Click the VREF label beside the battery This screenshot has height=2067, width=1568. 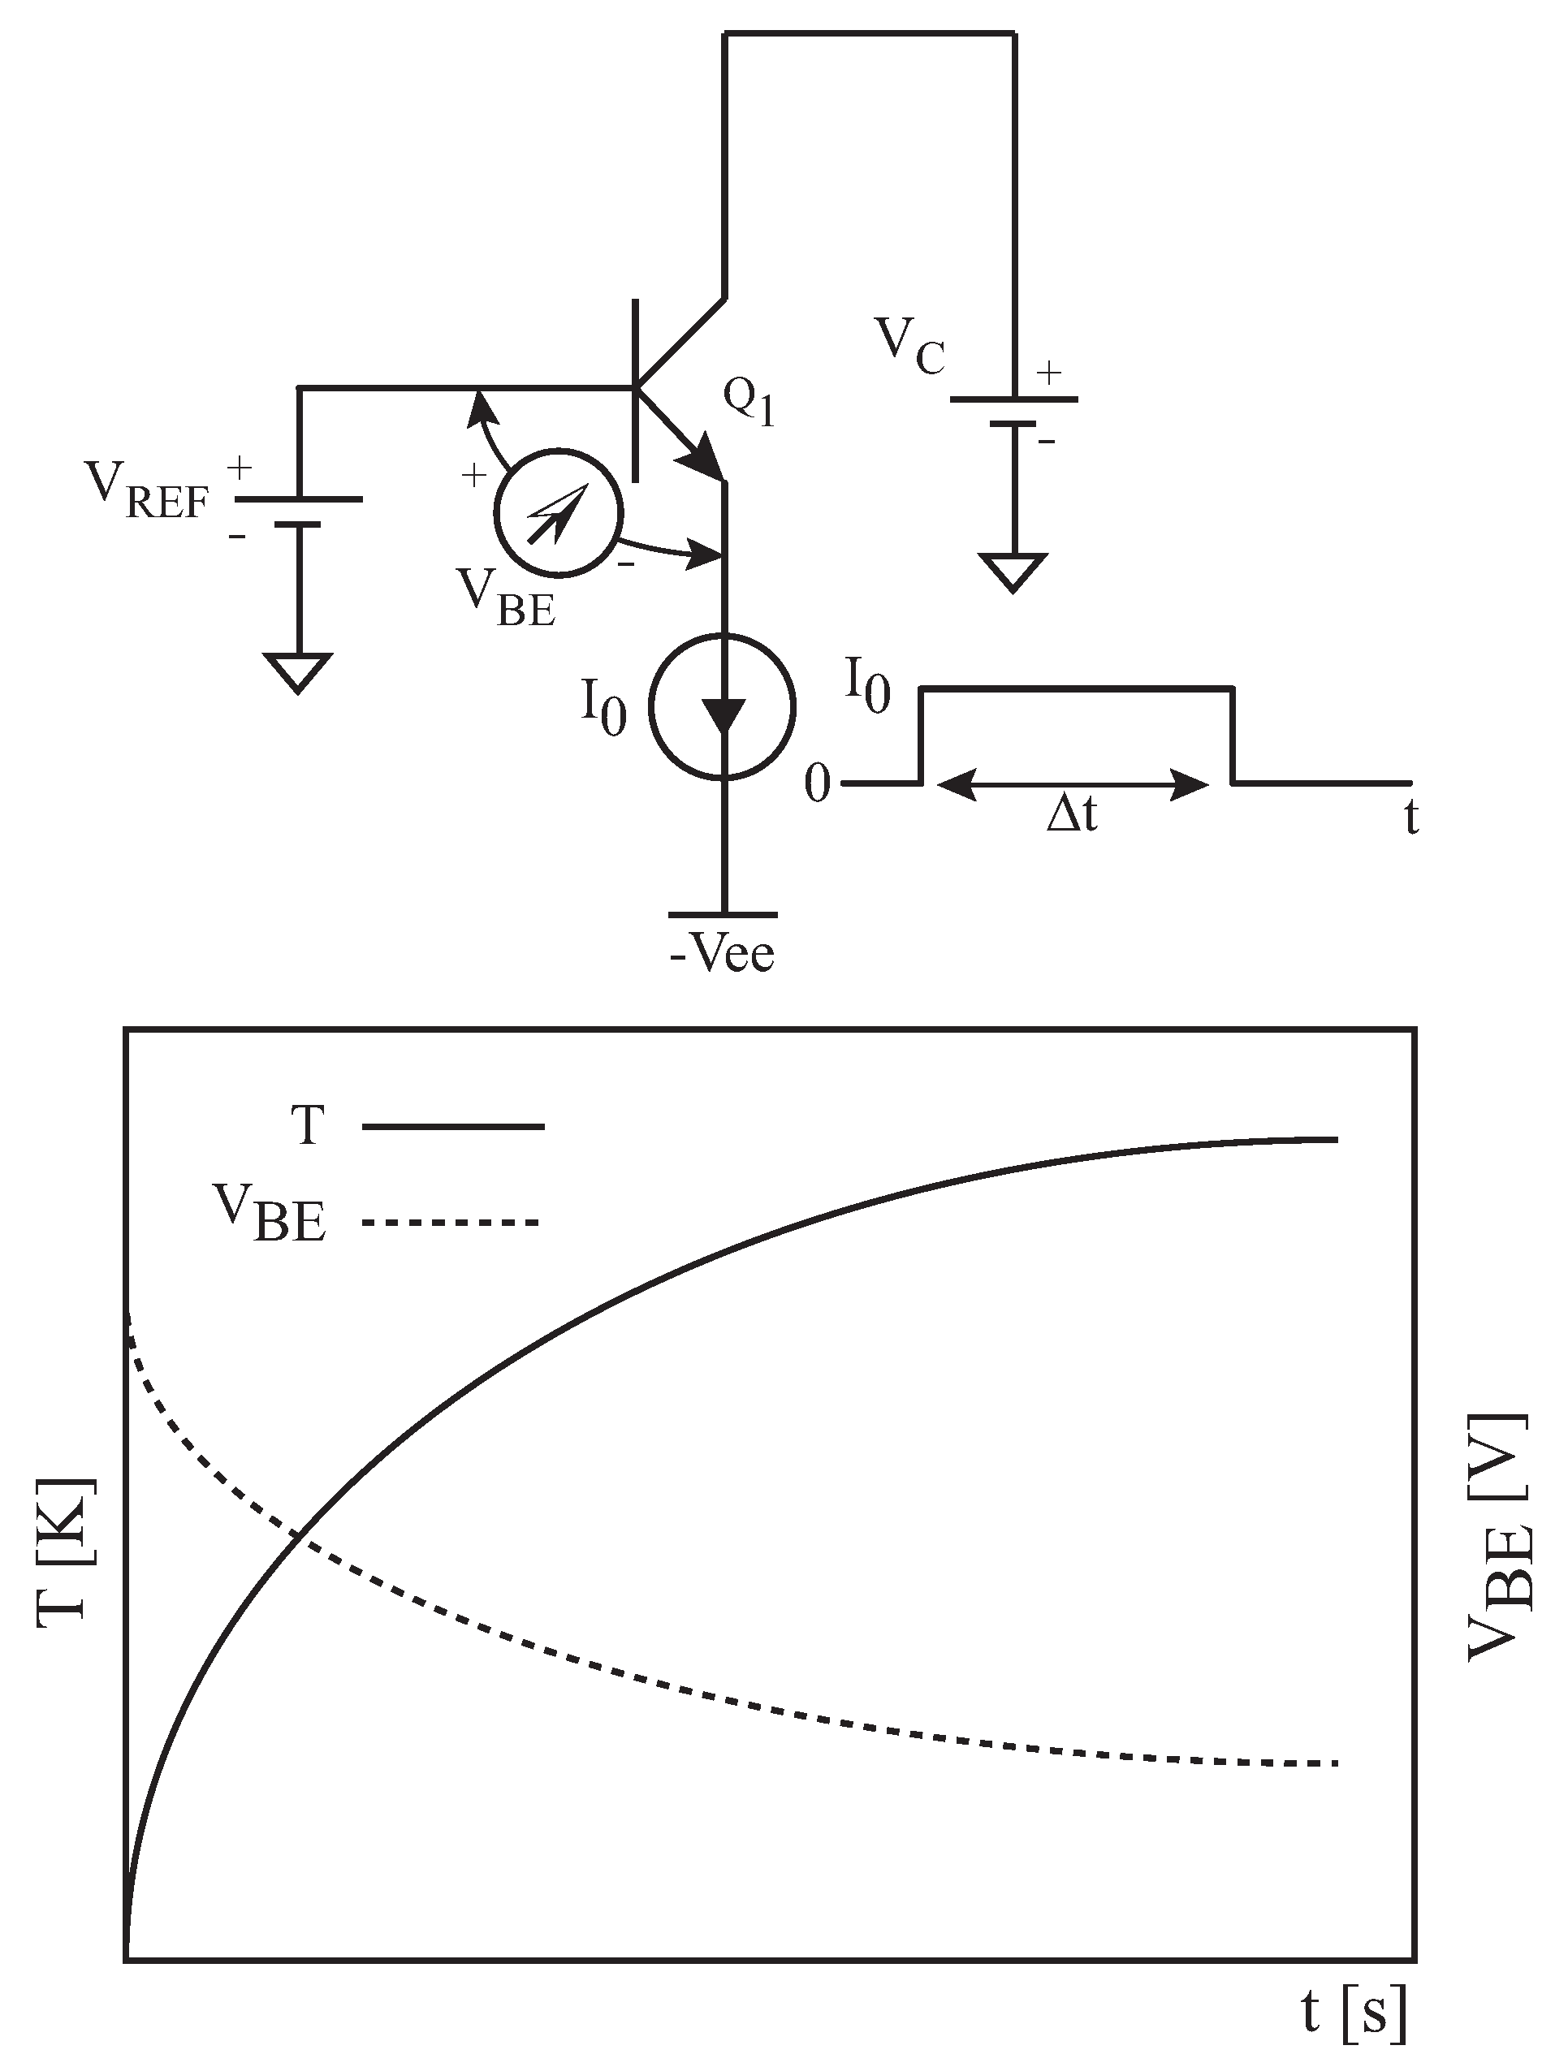[x=148, y=490]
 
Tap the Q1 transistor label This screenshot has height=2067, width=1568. [x=749, y=404]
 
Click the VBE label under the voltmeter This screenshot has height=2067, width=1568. [x=507, y=599]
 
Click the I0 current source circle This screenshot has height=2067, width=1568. [x=724, y=706]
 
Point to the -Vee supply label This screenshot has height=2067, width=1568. [x=723, y=955]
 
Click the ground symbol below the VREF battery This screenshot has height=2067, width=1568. [x=298, y=673]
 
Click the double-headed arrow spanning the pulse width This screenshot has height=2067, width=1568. [x=1072, y=785]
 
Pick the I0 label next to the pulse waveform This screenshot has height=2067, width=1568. [x=867, y=686]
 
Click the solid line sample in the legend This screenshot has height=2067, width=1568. [x=452, y=1127]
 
